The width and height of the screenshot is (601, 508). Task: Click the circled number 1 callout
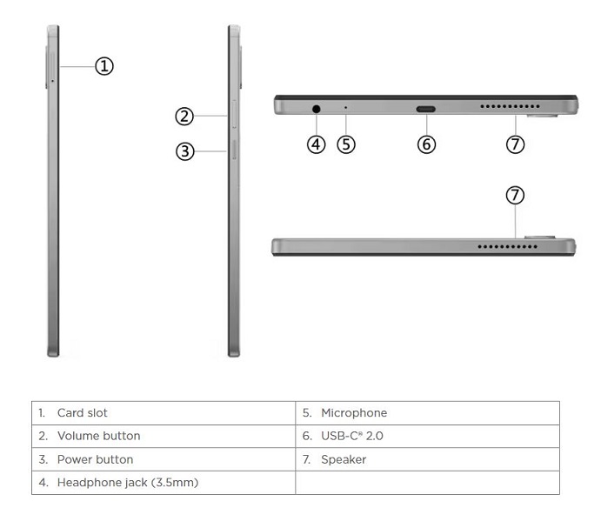click(104, 65)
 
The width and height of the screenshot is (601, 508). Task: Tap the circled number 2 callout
click(184, 116)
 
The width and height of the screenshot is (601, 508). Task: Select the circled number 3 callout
click(184, 150)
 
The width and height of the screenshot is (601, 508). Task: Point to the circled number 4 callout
click(317, 144)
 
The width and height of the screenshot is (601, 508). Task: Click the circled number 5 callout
click(346, 144)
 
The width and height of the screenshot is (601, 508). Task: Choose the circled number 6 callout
click(426, 144)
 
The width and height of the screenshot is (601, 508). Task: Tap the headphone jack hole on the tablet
click(317, 109)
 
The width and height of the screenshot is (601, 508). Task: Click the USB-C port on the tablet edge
click(426, 109)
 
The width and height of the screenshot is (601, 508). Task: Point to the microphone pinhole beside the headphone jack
click(346, 109)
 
